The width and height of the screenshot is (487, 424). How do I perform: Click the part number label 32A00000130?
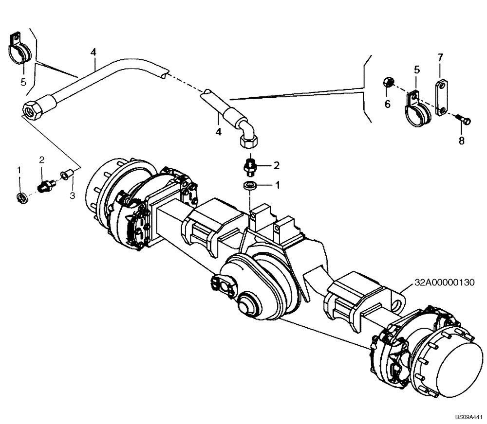point(444,283)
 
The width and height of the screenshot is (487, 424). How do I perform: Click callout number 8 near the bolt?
point(461,141)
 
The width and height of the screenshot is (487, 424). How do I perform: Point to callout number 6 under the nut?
point(388,104)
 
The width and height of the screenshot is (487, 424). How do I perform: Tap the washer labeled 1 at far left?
point(21,197)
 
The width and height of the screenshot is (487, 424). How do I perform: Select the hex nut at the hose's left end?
point(32,109)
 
